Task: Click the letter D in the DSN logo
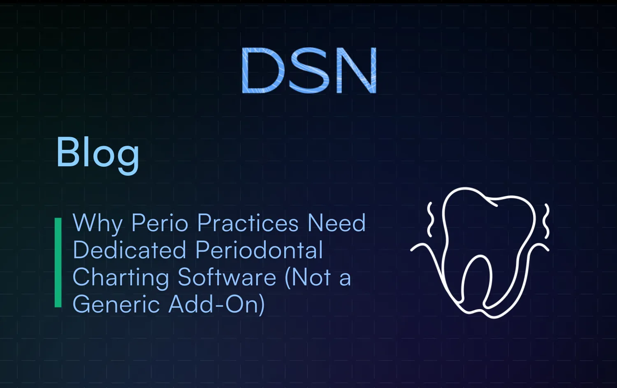(x=262, y=70)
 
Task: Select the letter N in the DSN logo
(x=356, y=70)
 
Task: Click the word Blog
(x=98, y=153)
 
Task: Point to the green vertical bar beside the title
(x=58, y=262)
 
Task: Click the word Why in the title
(x=97, y=224)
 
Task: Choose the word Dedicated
(x=129, y=250)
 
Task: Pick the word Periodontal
(x=259, y=250)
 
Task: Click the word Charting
(x=121, y=278)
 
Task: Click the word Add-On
(x=217, y=304)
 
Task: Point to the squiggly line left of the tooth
(x=430, y=220)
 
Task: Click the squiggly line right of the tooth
(x=546, y=222)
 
